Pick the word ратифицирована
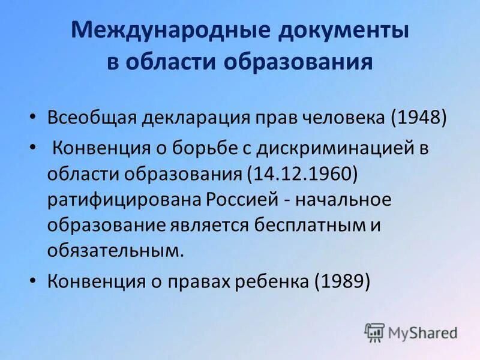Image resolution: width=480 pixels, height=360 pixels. coord(125,200)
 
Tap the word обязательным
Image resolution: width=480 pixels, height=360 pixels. coord(114,251)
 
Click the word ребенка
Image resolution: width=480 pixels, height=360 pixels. coord(274,280)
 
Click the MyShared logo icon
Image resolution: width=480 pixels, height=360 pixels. coord(374,332)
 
